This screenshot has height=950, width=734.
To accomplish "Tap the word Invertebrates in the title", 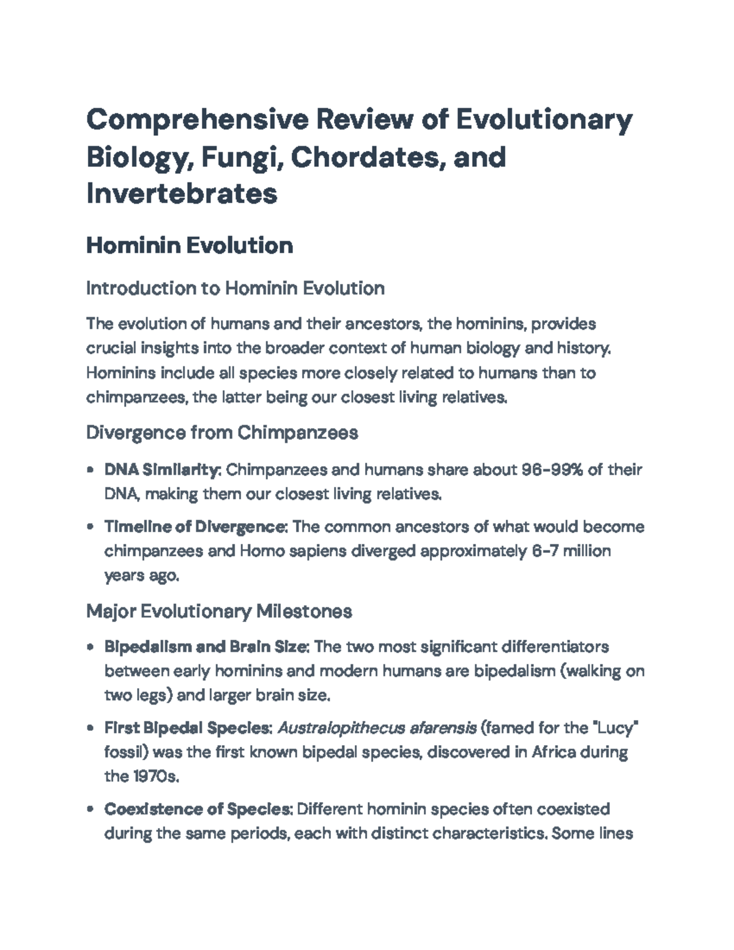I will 182,193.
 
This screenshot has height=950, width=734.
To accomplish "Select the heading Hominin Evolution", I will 190,245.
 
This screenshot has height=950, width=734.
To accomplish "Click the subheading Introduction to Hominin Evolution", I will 235,288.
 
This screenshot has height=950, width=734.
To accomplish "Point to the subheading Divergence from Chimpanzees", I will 222,433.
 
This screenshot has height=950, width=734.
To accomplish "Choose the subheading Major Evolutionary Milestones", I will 219,611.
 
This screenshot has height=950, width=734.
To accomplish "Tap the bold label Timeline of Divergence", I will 195,527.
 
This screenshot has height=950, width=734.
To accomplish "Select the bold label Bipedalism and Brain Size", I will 207,647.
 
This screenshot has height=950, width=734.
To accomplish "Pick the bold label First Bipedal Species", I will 188,728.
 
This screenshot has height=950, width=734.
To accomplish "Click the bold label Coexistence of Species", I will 197,809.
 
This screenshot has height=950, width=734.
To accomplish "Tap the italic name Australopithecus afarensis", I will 377,728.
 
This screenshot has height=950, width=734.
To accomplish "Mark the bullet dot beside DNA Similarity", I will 91,471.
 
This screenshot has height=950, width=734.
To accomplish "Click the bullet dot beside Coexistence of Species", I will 91,810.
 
